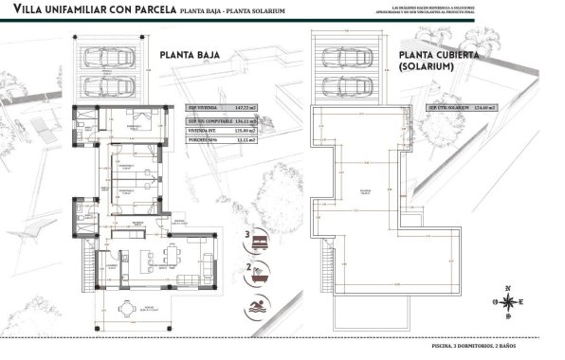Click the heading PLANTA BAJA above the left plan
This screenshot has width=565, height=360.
point(191,55)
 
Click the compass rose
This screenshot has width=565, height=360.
point(510,301)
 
